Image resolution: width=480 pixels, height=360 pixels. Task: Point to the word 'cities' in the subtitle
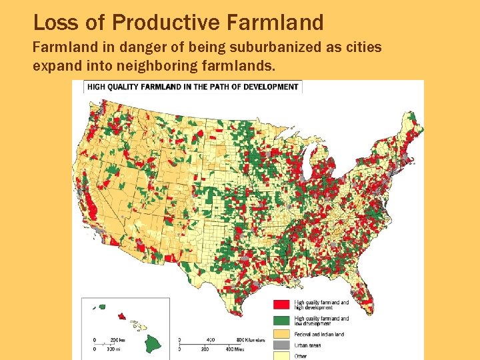pyautogui.click(x=363, y=49)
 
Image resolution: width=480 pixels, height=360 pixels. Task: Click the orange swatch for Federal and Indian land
pyautogui.click(x=280, y=334)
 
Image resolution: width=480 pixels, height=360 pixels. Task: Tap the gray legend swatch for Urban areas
pyautogui.click(x=280, y=345)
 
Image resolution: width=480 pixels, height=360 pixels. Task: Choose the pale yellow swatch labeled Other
pyautogui.click(x=280, y=356)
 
